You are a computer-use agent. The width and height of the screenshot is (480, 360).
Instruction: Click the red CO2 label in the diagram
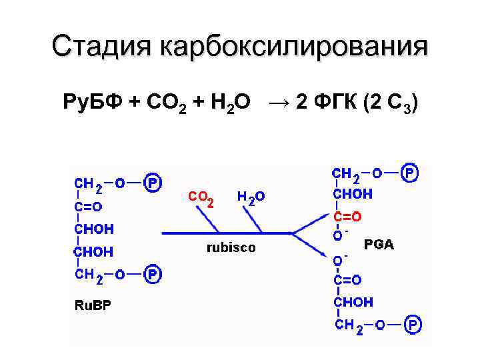point(201,198)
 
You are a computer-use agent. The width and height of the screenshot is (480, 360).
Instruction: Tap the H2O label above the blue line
point(251,197)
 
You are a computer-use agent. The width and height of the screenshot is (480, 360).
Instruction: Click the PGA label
point(379,245)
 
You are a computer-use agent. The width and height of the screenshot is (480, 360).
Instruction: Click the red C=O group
point(347,217)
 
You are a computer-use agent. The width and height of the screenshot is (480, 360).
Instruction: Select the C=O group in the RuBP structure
point(88,206)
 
